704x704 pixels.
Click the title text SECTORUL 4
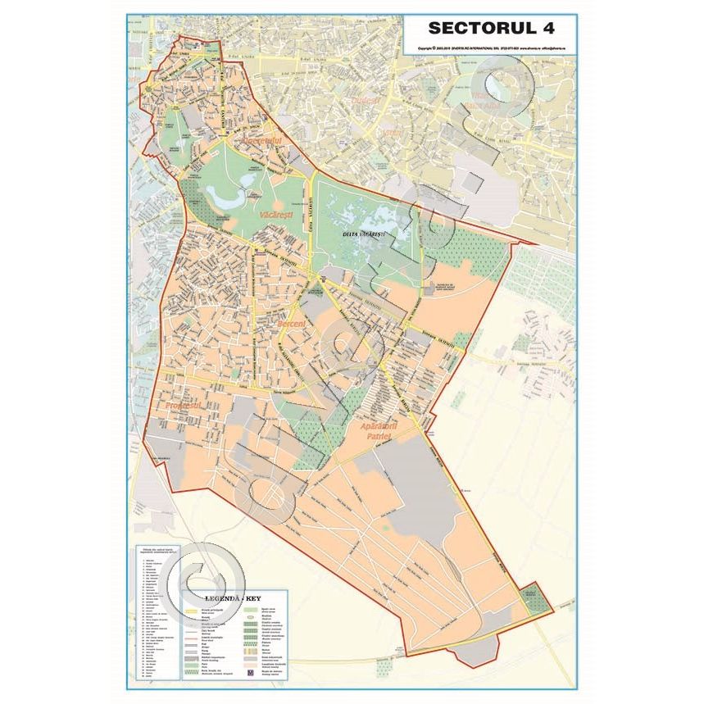point(491,28)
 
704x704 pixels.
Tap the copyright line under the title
point(491,48)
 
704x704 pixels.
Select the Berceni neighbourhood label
point(292,325)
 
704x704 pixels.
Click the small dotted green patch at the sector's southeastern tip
point(533,597)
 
